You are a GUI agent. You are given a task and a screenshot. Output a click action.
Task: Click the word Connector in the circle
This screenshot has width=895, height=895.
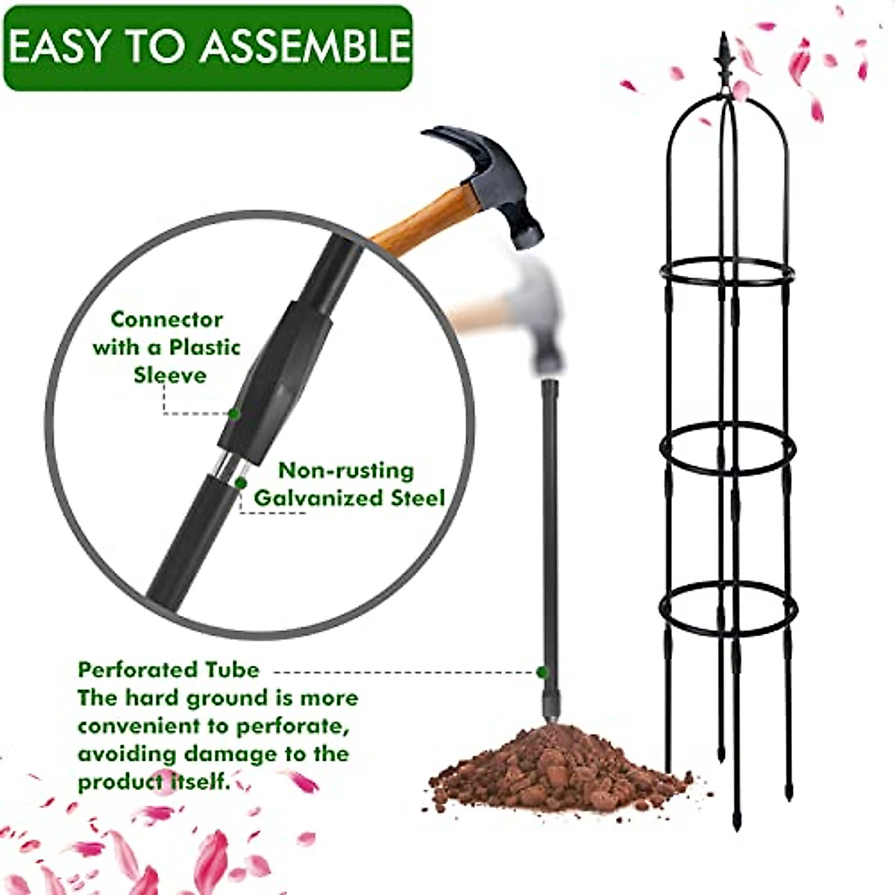tap(167, 320)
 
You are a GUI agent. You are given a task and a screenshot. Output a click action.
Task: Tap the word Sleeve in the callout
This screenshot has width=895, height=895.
tap(170, 374)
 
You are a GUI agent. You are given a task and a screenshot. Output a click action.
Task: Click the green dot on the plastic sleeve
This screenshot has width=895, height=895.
tap(234, 412)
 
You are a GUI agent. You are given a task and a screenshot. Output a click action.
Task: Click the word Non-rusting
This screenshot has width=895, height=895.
tap(345, 471)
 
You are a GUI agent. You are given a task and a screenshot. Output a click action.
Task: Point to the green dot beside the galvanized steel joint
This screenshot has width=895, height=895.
tap(241, 483)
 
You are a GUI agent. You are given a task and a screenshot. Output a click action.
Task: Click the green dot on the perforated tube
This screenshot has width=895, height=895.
tap(541, 671)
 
